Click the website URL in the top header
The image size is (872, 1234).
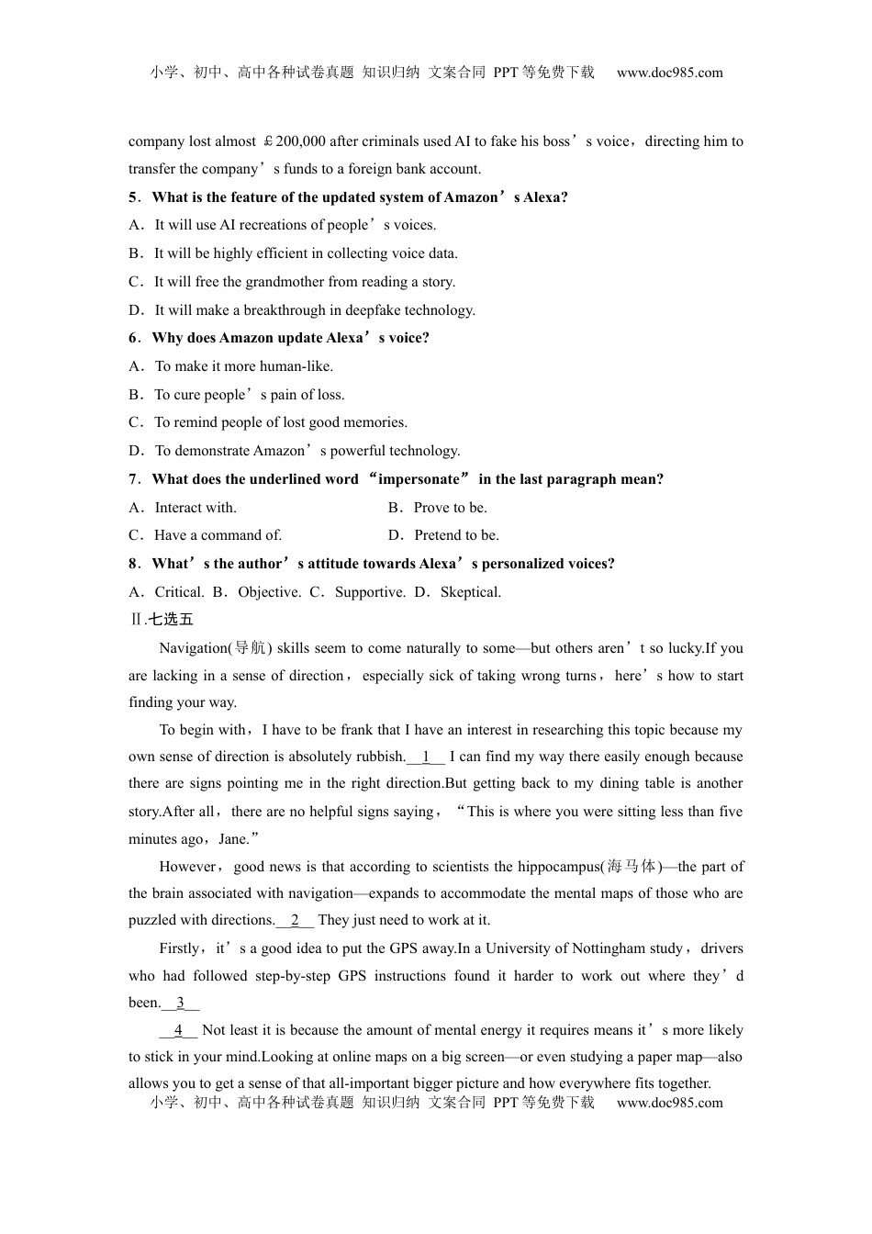pyautogui.click(x=669, y=73)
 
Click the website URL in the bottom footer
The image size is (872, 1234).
pyautogui.click(x=669, y=1103)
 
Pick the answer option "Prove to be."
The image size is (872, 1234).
pyautogui.click(x=450, y=508)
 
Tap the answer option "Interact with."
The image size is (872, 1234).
pyautogui.click(x=196, y=508)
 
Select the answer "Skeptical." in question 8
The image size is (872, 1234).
pyautogui.click(x=471, y=592)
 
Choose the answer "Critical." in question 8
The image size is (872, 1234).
pyautogui.click(x=179, y=592)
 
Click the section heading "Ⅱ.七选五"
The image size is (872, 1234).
pyautogui.click(x=162, y=620)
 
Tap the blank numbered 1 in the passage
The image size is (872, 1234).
pyautogui.click(x=426, y=757)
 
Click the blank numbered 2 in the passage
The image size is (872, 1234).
pyautogui.click(x=295, y=921)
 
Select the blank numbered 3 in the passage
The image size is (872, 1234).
pyautogui.click(x=181, y=1004)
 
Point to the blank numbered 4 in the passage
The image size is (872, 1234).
pyautogui.click(x=178, y=1031)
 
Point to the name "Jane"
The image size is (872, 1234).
pyautogui.click(x=233, y=839)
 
